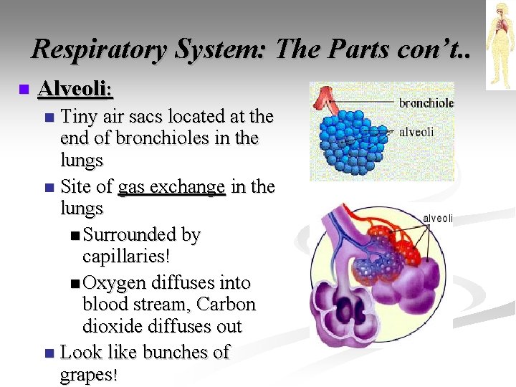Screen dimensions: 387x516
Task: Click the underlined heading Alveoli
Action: click(x=75, y=90)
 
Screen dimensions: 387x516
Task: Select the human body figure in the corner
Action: click(x=500, y=44)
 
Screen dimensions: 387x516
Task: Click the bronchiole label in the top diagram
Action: click(x=426, y=103)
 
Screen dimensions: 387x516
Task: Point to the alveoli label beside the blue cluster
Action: click(x=416, y=132)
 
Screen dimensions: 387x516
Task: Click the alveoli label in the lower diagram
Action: click(x=437, y=219)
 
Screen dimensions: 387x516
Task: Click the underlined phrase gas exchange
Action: click(x=171, y=187)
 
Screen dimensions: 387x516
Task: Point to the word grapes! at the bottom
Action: click(x=87, y=375)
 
